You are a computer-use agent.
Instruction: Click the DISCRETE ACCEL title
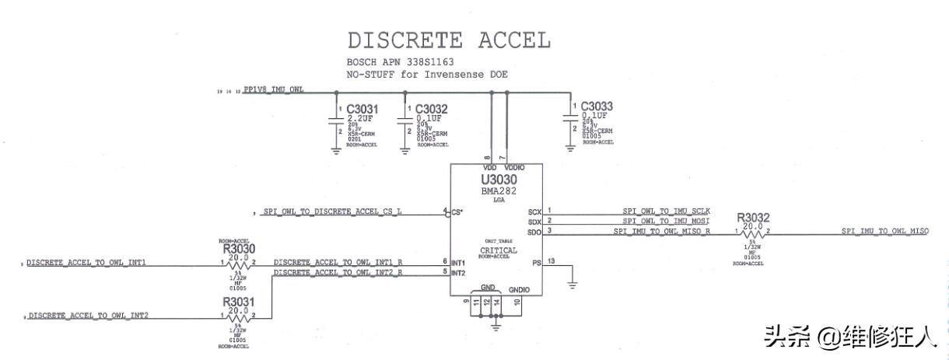pos(449,40)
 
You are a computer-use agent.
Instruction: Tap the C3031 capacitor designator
pos(362,108)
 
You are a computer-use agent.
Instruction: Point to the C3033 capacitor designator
pos(597,106)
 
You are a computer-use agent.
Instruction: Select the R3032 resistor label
pos(752,218)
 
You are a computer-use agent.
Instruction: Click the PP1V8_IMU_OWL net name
pos(274,90)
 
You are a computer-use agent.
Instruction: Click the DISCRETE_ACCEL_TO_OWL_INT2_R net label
pos(338,273)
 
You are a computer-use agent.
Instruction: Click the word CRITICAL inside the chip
pos(498,250)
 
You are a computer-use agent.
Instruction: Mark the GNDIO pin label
pos(519,289)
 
